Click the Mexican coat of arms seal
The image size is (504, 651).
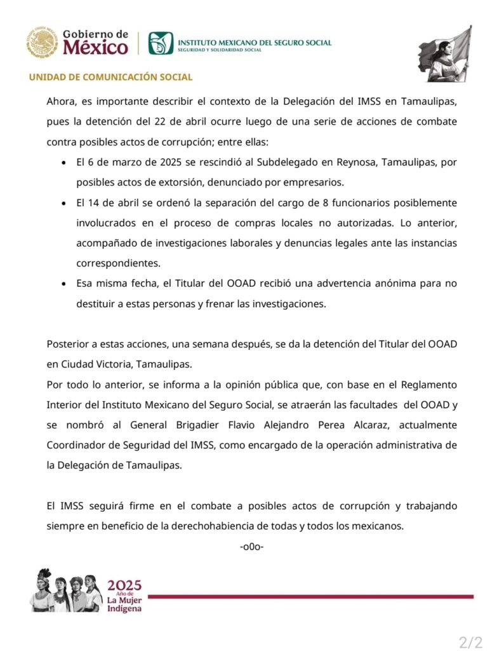tap(42, 42)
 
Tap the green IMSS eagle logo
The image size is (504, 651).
tap(161, 43)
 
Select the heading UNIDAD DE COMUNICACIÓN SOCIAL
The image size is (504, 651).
tap(110, 78)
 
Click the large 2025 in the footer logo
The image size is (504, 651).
tap(124, 586)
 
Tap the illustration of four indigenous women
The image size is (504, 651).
tap(66, 589)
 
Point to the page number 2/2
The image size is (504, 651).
tap(470, 641)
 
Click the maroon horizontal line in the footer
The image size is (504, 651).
tap(310, 596)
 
